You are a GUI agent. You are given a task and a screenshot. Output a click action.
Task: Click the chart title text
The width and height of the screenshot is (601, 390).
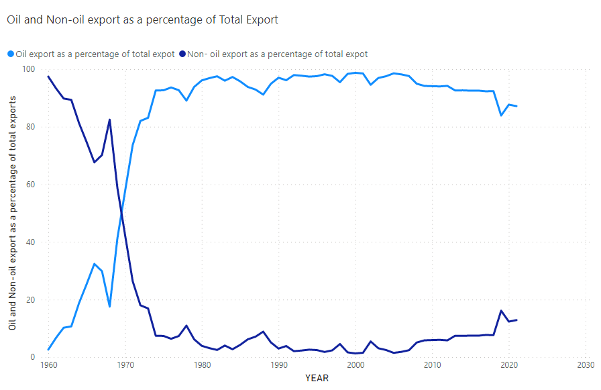pyautogui.click(x=142, y=19)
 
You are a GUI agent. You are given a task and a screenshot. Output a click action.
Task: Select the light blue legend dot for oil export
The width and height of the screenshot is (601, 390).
pyautogui.click(x=10, y=54)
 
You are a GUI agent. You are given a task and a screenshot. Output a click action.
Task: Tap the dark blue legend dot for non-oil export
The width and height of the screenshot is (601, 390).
pyautogui.click(x=182, y=54)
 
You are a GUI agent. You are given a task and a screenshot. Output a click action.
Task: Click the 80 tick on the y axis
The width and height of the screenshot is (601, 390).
pyautogui.click(x=30, y=127)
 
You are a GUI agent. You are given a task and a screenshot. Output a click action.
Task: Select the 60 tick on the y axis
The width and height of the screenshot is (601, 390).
pyautogui.click(x=30, y=185)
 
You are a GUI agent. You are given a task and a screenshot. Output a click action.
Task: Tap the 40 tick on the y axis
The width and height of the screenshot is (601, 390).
pyautogui.click(x=30, y=242)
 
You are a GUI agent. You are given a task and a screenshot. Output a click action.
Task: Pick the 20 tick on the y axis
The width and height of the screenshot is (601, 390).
pyautogui.click(x=30, y=300)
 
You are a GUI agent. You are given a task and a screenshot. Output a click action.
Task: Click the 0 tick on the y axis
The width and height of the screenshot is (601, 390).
pyautogui.click(x=32, y=357)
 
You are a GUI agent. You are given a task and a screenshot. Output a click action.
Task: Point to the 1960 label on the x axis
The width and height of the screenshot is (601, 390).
pyautogui.click(x=48, y=366)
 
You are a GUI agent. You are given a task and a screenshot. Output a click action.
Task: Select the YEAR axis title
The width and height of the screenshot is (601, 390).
pyautogui.click(x=317, y=379)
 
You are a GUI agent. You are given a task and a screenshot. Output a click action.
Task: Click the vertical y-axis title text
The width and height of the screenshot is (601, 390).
pyautogui.click(x=12, y=212)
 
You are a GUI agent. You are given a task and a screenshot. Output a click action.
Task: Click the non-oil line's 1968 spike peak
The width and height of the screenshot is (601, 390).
pyautogui.click(x=110, y=119)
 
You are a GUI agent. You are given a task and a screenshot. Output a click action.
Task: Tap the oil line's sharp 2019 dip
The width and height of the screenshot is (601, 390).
pyautogui.click(x=501, y=115)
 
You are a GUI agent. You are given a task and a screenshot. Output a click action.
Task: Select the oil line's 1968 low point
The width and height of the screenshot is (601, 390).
pyautogui.click(x=110, y=307)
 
